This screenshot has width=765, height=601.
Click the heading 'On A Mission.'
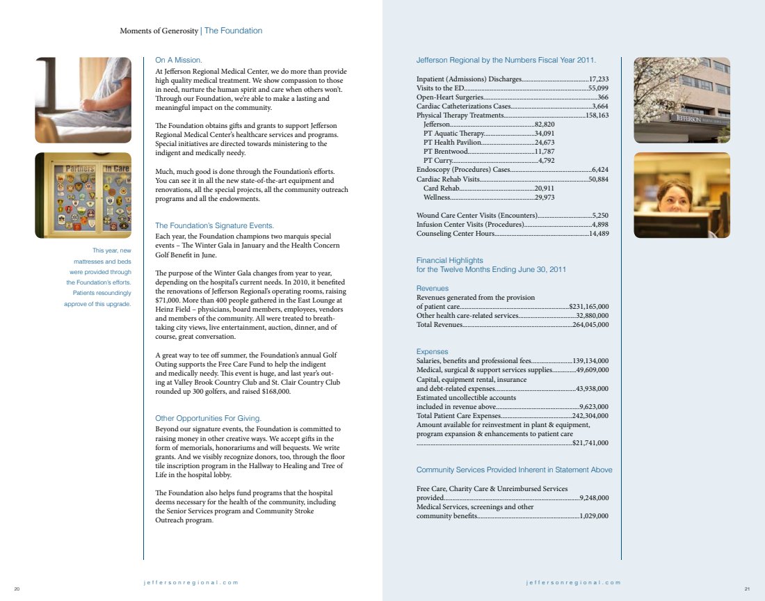[x=179, y=61]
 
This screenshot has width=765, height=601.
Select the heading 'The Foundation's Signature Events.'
[x=214, y=225]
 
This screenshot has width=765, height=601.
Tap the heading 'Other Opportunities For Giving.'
[x=208, y=418]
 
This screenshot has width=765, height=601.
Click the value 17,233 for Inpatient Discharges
[x=598, y=79]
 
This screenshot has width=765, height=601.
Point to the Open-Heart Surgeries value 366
[x=603, y=97]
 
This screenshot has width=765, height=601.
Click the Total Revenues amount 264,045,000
[x=590, y=324]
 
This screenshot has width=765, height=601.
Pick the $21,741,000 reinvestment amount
[x=590, y=442]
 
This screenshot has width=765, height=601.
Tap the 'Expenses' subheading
[x=432, y=351]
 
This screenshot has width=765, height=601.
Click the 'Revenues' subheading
[x=432, y=288]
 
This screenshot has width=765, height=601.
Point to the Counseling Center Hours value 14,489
[x=598, y=234]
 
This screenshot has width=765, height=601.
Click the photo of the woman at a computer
[x=682, y=195]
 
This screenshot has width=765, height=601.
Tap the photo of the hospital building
[x=682, y=100]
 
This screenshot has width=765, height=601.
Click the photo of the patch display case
[x=83, y=195]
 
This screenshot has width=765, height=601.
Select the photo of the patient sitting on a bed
[x=83, y=100]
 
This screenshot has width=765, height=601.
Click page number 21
[x=746, y=590]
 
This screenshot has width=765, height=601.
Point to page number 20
[x=17, y=590]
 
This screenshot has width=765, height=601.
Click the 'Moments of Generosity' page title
[x=159, y=31]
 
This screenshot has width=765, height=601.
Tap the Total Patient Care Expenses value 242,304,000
[x=590, y=415]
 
